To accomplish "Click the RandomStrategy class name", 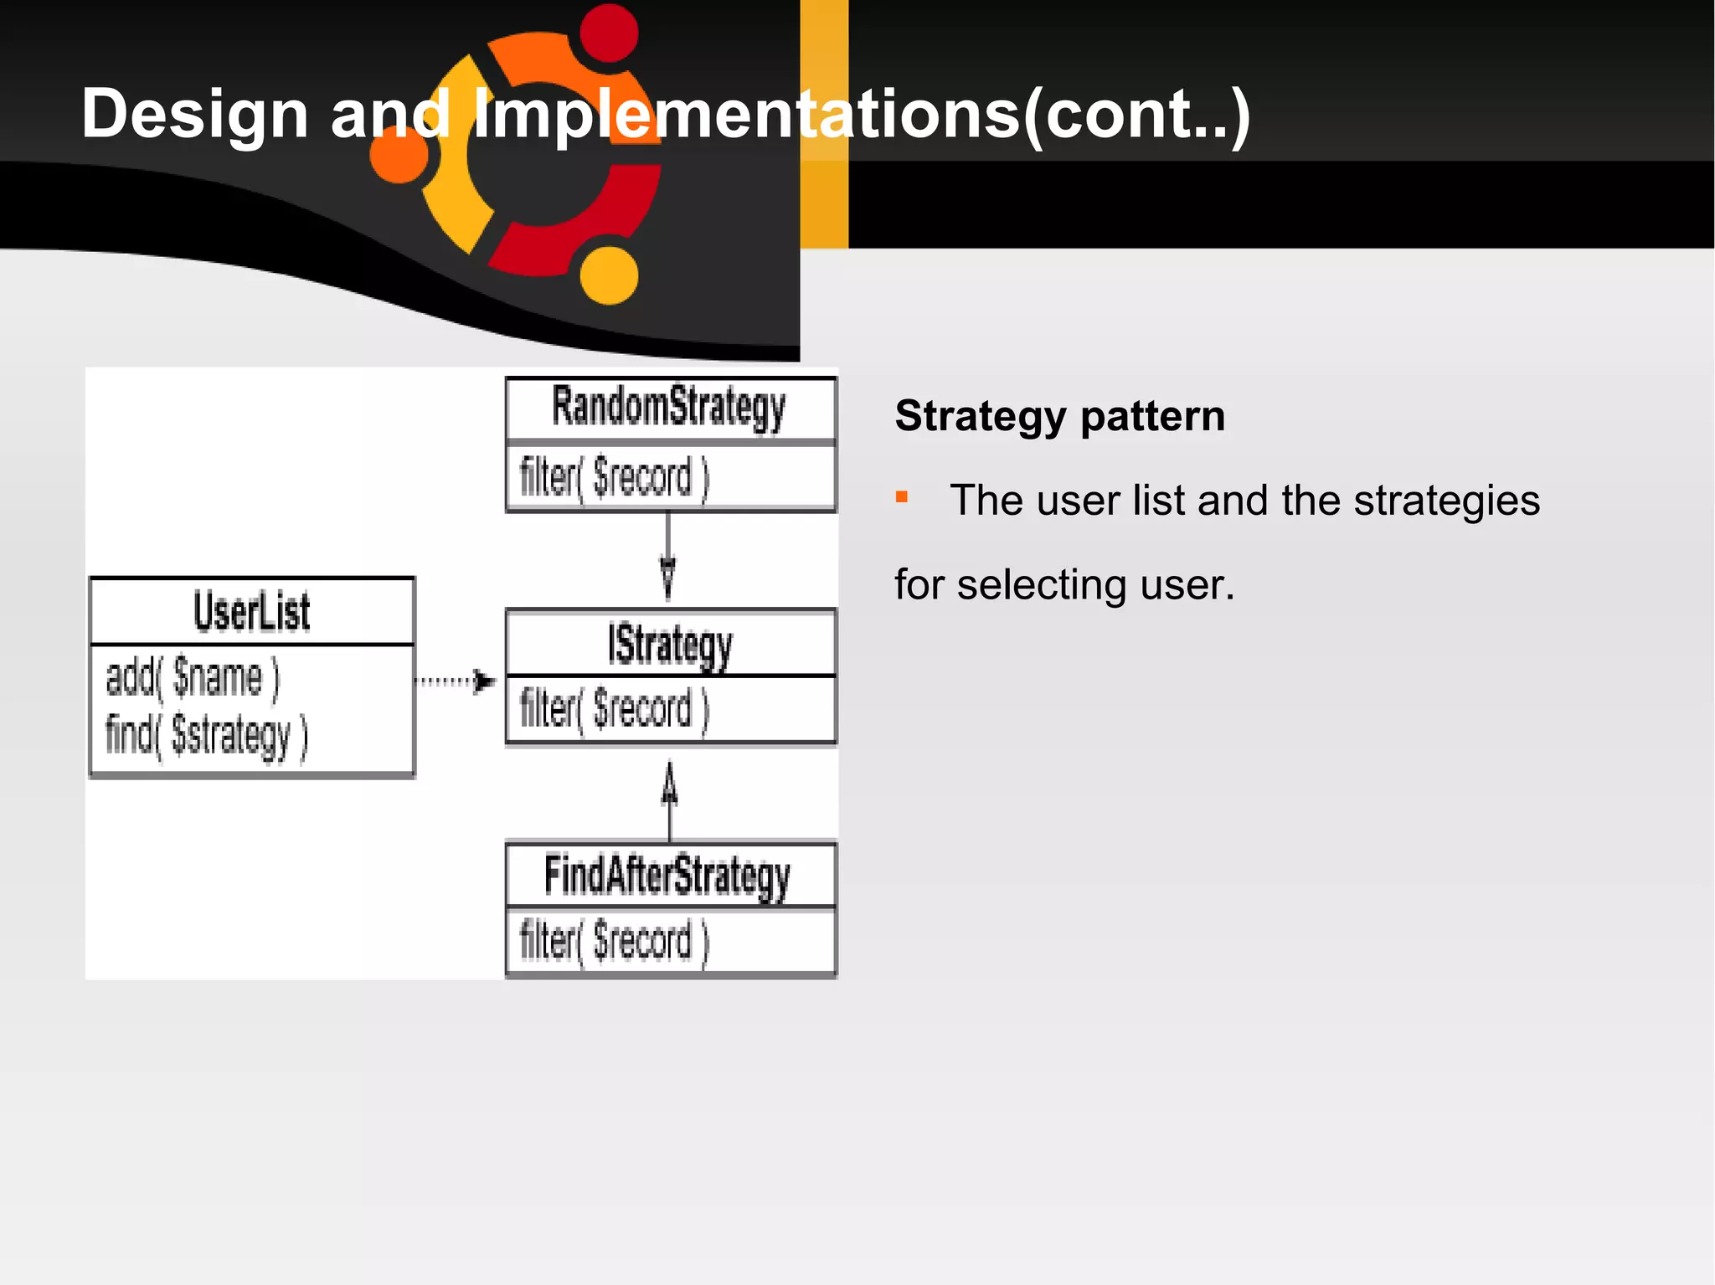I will [668, 409].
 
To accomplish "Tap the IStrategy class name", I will [670, 645].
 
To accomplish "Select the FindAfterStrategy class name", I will [667, 876].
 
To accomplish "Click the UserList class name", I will [252, 612].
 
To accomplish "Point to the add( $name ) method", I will [193, 678].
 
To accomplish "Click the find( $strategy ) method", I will [206, 736].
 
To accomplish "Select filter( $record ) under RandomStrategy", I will [614, 478].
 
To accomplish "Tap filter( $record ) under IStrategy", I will [614, 709].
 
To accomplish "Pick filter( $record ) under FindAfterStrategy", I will [614, 941].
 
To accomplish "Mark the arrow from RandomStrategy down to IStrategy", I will [667, 557].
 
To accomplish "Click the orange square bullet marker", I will [902, 497].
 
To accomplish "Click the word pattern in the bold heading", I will [1152, 417].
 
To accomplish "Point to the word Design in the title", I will [195, 114].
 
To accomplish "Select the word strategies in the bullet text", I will [1446, 501].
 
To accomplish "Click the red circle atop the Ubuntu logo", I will [609, 33].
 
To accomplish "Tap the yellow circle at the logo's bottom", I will [609, 275].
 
